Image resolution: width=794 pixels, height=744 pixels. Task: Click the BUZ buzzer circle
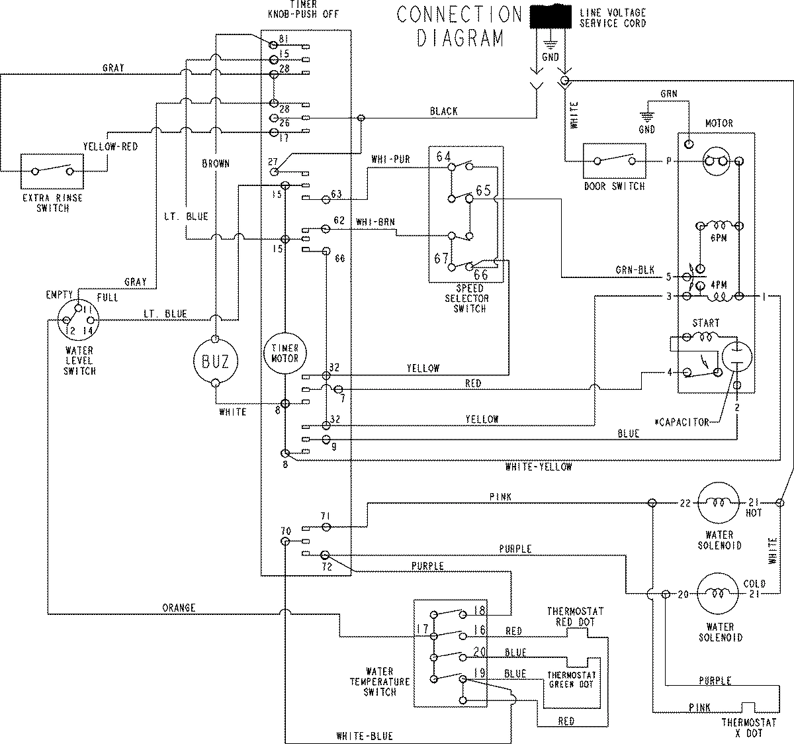(x=216, y=361)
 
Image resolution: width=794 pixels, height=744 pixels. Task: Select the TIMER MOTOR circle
(x=285, y=353)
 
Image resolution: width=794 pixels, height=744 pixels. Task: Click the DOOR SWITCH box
(x=614, y=161)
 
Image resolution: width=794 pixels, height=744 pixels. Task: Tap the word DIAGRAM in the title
(x=461, y=38)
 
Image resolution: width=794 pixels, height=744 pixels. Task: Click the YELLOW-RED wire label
(x=110, y=146)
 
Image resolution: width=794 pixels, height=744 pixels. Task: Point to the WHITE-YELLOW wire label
(x=539, y=467)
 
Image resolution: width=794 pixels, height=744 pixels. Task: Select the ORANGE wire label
(x=179, y=608)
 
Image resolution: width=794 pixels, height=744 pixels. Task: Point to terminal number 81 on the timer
(x=283, y=39)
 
